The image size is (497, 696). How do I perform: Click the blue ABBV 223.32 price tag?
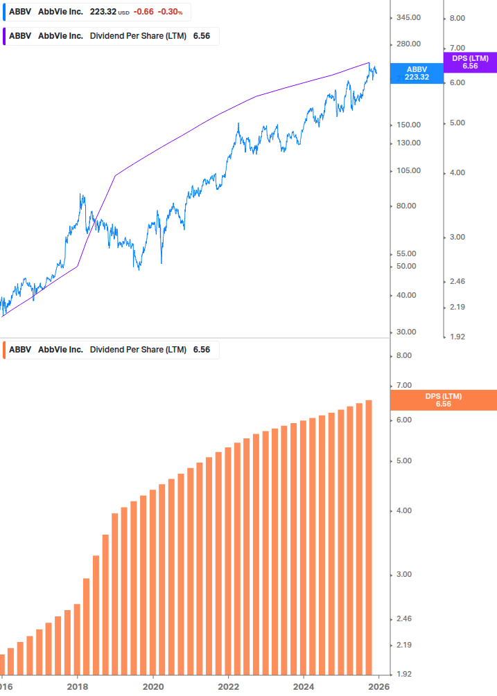pyautogui.click(x=417, y=73)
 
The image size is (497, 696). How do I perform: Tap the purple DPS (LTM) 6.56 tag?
pyautogui.click(x=469, y=62)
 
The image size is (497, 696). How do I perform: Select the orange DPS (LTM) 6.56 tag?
pyautogui.click(x=444, y=400)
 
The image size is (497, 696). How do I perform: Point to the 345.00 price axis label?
pyautogui.click(x=408, y=17)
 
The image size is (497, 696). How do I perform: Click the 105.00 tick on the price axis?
pyautogui.click(x=408, y=170)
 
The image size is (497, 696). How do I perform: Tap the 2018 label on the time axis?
pyautogui.click(x=77, y=686)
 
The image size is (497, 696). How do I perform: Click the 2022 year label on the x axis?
pyautogui.click(x=228, y=686)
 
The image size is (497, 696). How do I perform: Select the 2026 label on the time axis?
pyautogui.click(x=378, y=686)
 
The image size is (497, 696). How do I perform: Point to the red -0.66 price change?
pyautogui.click(x=144, y=12)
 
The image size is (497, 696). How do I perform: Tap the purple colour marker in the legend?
pyautogui.click(x=4, y=36)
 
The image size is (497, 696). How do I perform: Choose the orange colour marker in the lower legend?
pyautogui.click(x=4, y=350)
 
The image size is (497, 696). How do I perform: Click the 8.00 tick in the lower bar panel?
pyautogui.click(x=403, y=356)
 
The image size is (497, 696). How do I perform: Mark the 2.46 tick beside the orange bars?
pyautogui.click(x=403, y=618)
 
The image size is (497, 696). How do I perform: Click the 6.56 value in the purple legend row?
pyautogui.click(x=201, y=36)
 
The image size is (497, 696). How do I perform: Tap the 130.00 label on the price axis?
pyautogui.click(x=408, y=143)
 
